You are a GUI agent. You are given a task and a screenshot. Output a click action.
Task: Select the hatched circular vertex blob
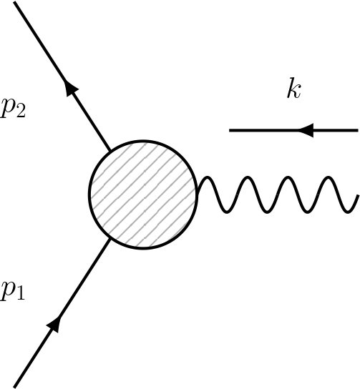coord(143,194)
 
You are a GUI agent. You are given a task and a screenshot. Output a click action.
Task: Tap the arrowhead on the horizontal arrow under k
coord(306,130)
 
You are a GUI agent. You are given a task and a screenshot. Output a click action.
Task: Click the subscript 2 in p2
coord(21,116)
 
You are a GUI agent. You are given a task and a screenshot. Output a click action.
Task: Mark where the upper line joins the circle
coord(111,150)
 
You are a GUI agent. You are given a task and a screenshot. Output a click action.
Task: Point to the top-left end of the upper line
coord(15,2)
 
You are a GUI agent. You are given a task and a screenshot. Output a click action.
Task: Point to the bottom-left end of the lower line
coord(15,386)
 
